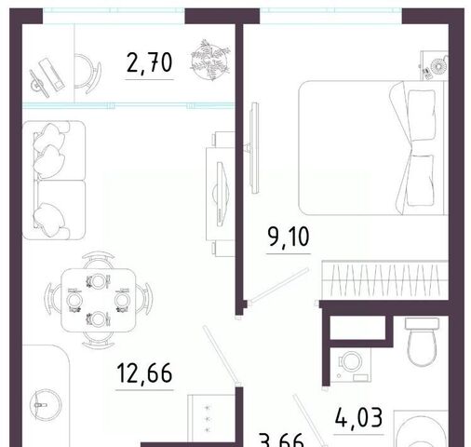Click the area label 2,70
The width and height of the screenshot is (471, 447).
pyautogui.click(x=149, y=63)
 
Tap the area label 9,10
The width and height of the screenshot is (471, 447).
pyautogui.click(x=289, y=237)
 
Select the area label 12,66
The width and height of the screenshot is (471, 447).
pyautogui.click(x=144, y=373)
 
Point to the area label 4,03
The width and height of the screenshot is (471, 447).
pyautogui.click(x=358, y=418)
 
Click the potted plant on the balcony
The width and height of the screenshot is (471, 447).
pyautogui.click(x=210, y=60)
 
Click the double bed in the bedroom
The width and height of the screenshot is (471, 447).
pyautogui.click(x=372, y=148)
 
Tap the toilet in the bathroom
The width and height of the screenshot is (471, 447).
pyautogui.click(x=422, y=342)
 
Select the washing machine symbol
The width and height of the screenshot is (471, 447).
pyautogui.click(x=351, y=365)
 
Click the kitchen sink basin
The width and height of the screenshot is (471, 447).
pyautogui.click(x=46, y=405)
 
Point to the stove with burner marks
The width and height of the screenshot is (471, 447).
pyautogui.click(x=211, y=418)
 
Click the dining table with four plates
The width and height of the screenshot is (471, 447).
pyautogui.click(x=99, y=300)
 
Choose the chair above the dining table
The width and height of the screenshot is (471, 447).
pyautogui.click(x=99, y=260)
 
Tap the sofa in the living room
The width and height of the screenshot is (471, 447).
pyautogui.click(x=54, y=181)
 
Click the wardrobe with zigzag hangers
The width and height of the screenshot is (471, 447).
pyautogui.click(x=384, y=280)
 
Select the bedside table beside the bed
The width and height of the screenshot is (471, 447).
pyautogui.click(x=434, y=66)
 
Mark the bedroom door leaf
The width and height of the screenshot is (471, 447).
pyautogui.click(x=279, y=286)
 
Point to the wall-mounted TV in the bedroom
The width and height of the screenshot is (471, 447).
pyautogui.click(x=255, y=148)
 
